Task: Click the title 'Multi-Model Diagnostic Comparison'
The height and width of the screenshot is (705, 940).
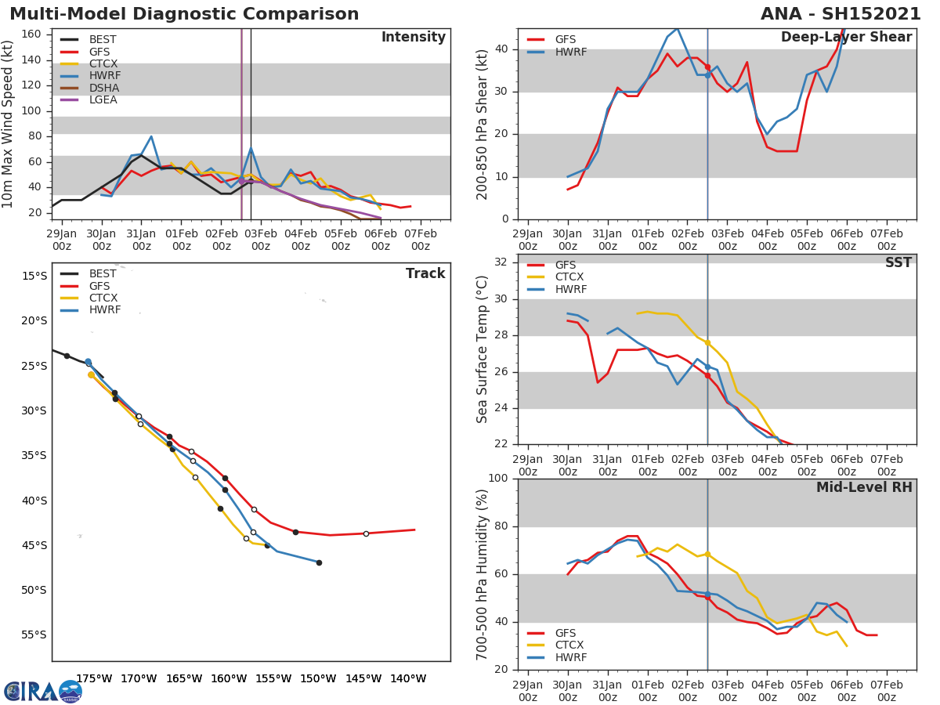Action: (184, 14)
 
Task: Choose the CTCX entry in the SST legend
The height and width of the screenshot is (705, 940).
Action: (569, 277)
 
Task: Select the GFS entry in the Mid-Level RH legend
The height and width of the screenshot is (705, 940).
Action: (566, 633)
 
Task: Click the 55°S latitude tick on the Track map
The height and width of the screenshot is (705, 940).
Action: (33, 635)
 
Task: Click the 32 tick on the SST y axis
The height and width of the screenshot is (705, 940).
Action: (501, 262)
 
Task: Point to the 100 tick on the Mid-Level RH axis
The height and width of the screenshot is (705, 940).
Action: (498, 479)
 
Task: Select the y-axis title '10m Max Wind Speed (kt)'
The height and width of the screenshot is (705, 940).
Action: (9, 124)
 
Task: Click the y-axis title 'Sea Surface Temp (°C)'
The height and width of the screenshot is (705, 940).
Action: (483, 349)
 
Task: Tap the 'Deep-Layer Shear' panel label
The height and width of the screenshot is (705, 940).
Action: (846, 38)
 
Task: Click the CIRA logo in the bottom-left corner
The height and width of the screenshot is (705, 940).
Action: (42, 691)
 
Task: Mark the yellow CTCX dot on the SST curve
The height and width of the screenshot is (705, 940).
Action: (707, 342)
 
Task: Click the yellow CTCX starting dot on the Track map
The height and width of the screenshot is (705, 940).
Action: (91, 375)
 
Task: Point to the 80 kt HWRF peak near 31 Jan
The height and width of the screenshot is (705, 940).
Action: (151, 137)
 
